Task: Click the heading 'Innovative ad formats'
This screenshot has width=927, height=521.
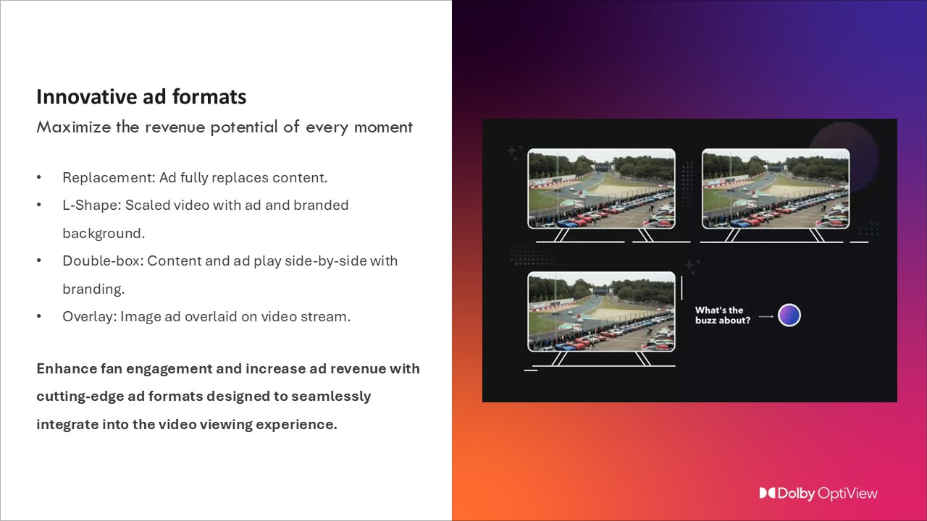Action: tap(141, 97)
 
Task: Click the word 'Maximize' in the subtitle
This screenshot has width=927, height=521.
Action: tap(74, 127)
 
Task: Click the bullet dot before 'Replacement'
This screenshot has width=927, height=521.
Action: tap(39, 177)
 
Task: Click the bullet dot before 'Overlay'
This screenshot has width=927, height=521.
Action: tap(39, 316)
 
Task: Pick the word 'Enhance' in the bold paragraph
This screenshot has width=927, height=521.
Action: tap(64, 368)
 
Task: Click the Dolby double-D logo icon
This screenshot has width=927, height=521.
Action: tap(767, 494)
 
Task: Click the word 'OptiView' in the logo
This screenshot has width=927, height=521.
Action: tap(847, 494)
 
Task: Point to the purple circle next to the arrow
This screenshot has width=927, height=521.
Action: tap(789, 315)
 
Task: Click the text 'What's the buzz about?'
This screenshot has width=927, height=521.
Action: tap(722, 315)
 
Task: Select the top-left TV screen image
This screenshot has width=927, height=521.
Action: tap(601, 189)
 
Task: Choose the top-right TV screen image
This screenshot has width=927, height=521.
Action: tap(776, 189)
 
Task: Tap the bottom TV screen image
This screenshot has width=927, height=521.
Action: tap(601, 312)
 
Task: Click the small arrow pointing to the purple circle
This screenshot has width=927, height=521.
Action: tap(765, 316)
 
